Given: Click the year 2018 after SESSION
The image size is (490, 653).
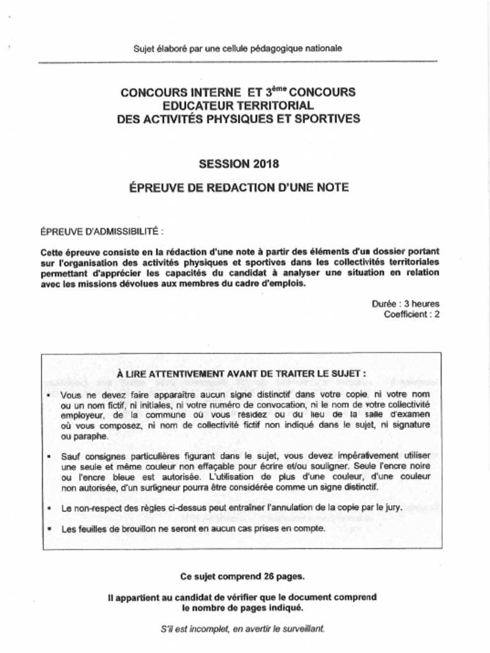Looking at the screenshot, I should pos(265,164).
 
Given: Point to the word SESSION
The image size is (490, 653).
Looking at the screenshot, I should pos(224,164).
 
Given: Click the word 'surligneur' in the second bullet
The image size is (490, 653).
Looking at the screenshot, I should pos(168,487).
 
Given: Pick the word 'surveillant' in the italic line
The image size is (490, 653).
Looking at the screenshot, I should pos(302,628).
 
